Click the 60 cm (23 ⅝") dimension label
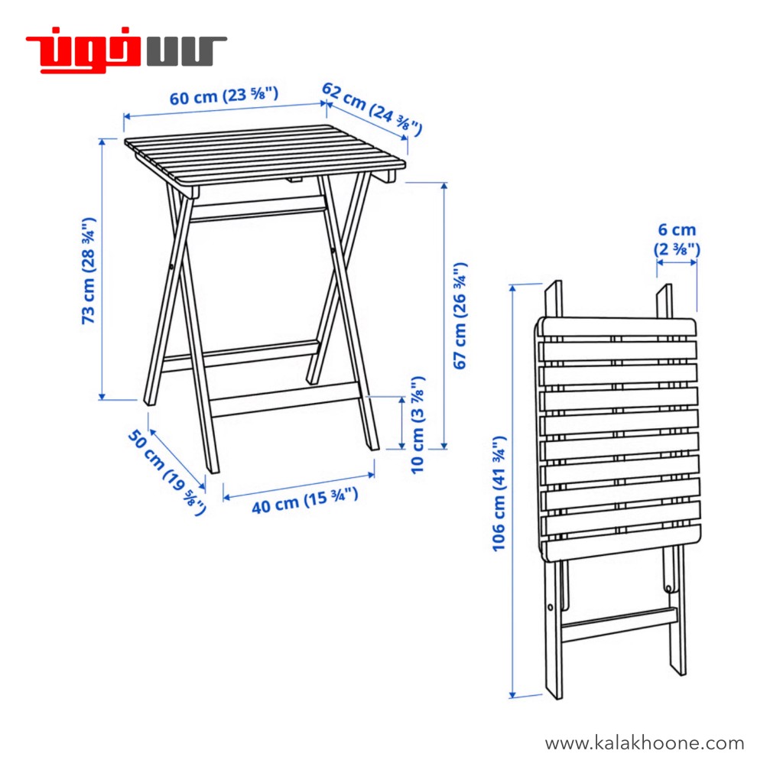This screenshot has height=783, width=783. coord(224,96)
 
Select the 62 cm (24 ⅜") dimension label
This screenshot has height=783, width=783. coord(372,109)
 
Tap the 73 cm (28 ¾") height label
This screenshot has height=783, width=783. coord(89,271)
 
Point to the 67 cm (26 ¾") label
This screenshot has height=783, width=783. coord(460,316)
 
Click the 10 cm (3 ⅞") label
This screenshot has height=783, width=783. coord(417,424)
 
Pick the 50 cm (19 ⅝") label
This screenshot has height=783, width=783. coord(167,472)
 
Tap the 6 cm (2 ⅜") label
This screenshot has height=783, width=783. coord(677,239)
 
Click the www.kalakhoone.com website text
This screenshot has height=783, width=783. coord(644,743)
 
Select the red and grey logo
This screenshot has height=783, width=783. coord(126,50)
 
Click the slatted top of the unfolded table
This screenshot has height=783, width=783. coord(265,153)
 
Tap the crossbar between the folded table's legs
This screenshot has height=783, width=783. coord(619,625)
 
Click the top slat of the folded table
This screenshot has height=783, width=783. coord(617,327)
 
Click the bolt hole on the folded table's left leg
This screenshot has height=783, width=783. coord(551,607)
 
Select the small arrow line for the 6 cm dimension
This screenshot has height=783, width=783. coord(677,263)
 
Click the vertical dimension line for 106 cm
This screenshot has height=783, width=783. coord(512,492)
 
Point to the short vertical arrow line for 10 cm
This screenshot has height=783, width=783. coord(402,423)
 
